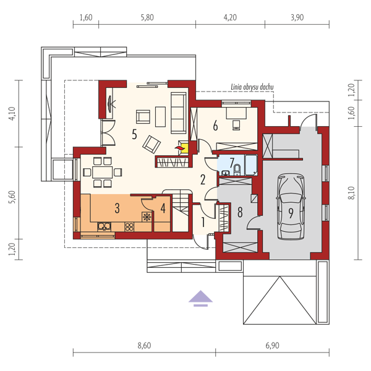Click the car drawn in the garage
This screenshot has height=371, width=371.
[x=291, y=207]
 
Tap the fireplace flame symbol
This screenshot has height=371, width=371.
[x=179, y=148]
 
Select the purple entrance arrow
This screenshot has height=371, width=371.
[x=200, y=299]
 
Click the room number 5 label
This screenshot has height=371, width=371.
[x=134, y=135]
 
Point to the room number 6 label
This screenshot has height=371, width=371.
[x=215, y=126]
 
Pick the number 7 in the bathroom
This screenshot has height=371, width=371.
[x=232, y=162]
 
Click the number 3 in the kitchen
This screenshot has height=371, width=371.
[x=117, y=208]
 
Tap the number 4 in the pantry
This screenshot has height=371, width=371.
[x=163, y=208]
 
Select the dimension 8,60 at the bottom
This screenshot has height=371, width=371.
[x=144, y=346]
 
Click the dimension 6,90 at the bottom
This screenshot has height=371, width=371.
[x=272, y=346]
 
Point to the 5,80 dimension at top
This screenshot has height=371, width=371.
[x=147, y=17]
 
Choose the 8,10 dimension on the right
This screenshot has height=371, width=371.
[x=352, y=193]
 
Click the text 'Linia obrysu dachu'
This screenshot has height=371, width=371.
[x=252, y=87]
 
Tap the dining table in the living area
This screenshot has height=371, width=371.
[x=102, y=173]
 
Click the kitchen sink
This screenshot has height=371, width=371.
[x=104, y=227]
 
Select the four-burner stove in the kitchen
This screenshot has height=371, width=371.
[x=129, y=227]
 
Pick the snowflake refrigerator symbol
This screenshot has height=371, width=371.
[x=147, y=217]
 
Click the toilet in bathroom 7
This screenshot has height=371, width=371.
[x=237, y=170]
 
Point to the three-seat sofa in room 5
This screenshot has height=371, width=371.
[x=179, y=113]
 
